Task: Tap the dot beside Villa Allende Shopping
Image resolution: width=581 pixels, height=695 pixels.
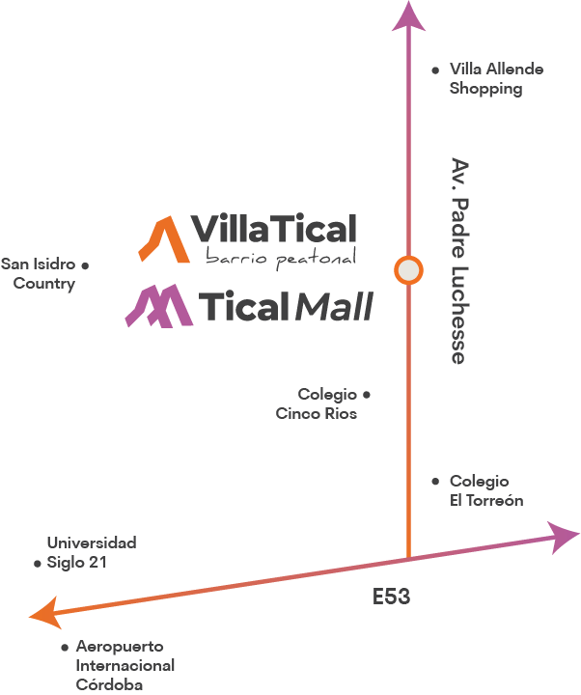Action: (436, 70)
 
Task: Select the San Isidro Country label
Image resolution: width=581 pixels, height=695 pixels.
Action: (39, 274)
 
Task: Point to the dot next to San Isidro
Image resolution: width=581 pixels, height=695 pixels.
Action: (85, 264)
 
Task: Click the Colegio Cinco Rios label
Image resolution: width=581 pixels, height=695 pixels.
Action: (317, 404)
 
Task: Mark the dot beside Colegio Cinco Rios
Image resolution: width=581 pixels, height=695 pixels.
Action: (367, 395)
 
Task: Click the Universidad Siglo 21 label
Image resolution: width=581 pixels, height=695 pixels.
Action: (91, 552)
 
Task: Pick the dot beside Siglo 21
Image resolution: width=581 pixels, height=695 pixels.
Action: (37, 563)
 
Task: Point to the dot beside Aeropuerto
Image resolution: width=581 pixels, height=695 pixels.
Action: (65, 647)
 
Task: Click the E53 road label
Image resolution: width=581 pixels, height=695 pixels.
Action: (392, 598)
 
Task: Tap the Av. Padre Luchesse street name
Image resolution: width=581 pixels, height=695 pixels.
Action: (459, 261)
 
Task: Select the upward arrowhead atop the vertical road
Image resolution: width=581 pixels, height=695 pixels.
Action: (409, 16)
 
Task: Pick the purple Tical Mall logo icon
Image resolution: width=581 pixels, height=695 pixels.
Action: (155, 306)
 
